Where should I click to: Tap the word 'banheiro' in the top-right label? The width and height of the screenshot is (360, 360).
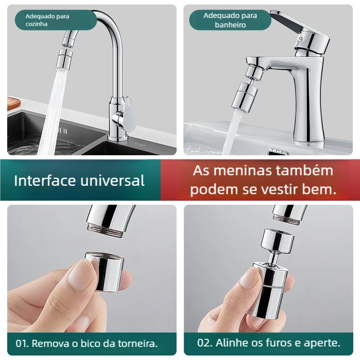tap(230, 25)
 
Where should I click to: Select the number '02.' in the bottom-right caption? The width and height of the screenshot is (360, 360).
tap(205, 343)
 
